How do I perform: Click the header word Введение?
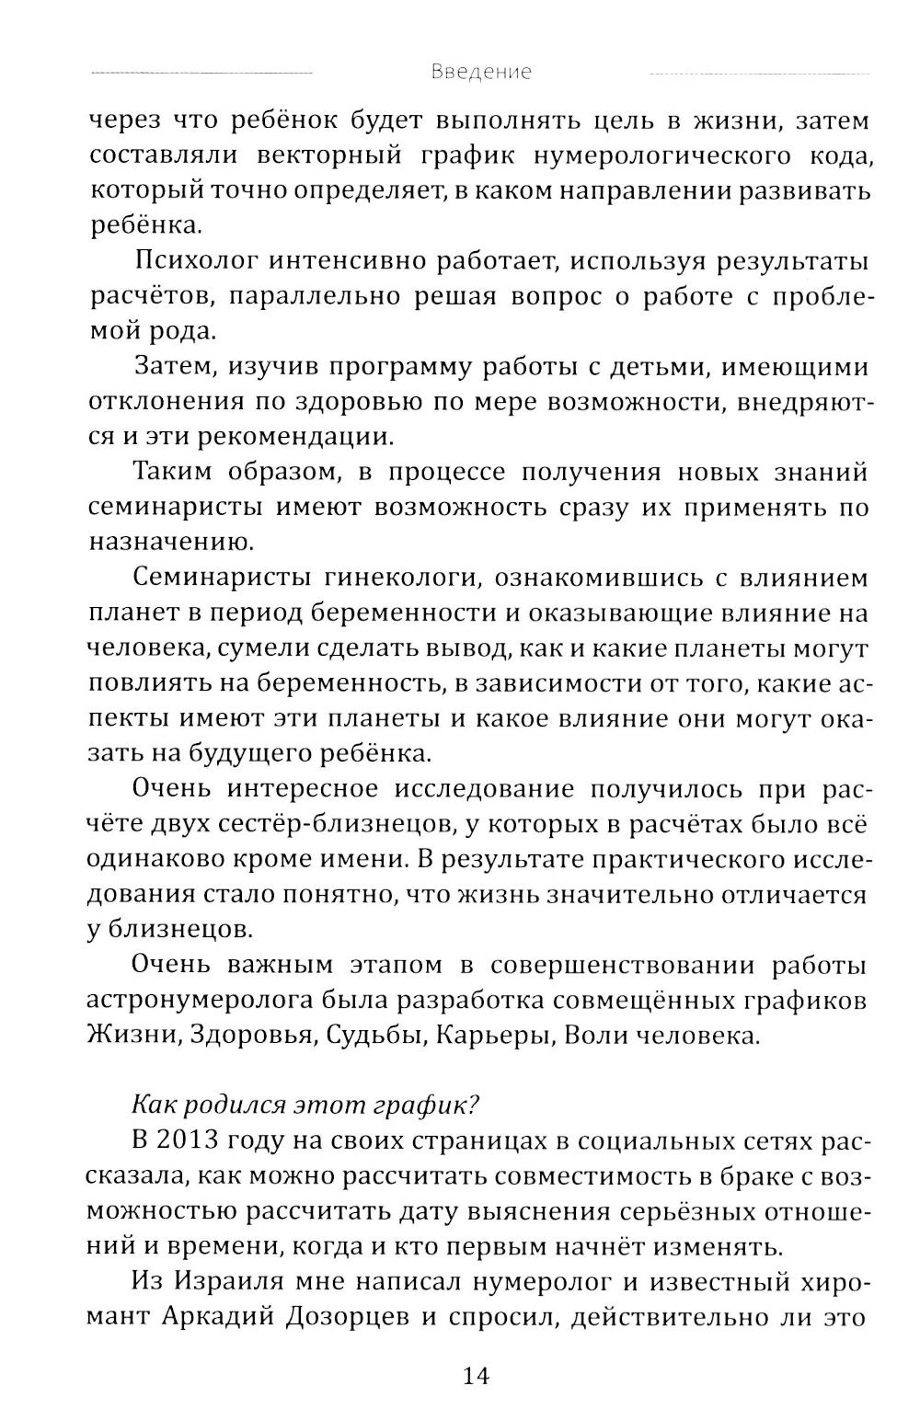coord(481,73)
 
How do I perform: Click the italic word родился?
coord(221,1103)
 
